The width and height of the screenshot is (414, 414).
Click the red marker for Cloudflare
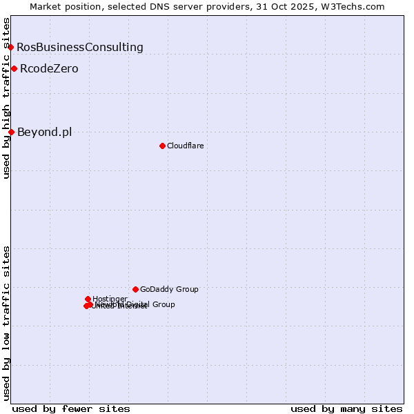pos(162,146)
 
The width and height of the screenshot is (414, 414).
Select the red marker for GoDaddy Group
pos(135,289)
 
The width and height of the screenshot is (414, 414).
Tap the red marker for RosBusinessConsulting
pos(11,47)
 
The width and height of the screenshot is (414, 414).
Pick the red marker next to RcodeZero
pos(14,68)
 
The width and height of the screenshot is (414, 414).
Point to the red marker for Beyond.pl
pos(11,132)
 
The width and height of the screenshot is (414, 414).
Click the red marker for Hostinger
pos(88,299)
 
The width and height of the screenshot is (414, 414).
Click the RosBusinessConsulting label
pos(80,48)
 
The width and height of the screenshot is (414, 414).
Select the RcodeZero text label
pos(49,69)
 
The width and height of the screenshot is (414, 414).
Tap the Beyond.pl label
pos(44,132)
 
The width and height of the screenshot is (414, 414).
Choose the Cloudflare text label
pos(185,146)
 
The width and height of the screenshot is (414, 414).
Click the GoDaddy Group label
pos(169,290)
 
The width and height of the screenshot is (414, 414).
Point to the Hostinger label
pos(110,299)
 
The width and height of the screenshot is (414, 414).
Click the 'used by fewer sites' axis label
pos(71,408)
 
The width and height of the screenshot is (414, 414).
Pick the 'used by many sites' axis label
pos(346,408)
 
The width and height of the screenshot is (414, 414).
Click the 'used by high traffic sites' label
pos(7,98)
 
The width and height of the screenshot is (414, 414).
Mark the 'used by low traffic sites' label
pos(7,322)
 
